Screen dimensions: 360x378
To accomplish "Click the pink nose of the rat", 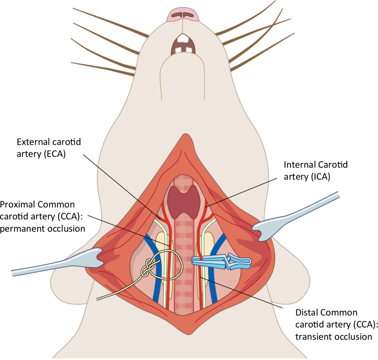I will pos(183,15).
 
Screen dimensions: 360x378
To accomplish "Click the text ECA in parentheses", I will pos(54,154).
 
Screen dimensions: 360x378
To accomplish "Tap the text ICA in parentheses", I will pos(321,177).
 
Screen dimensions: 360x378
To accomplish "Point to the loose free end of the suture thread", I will pos(99,298).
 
